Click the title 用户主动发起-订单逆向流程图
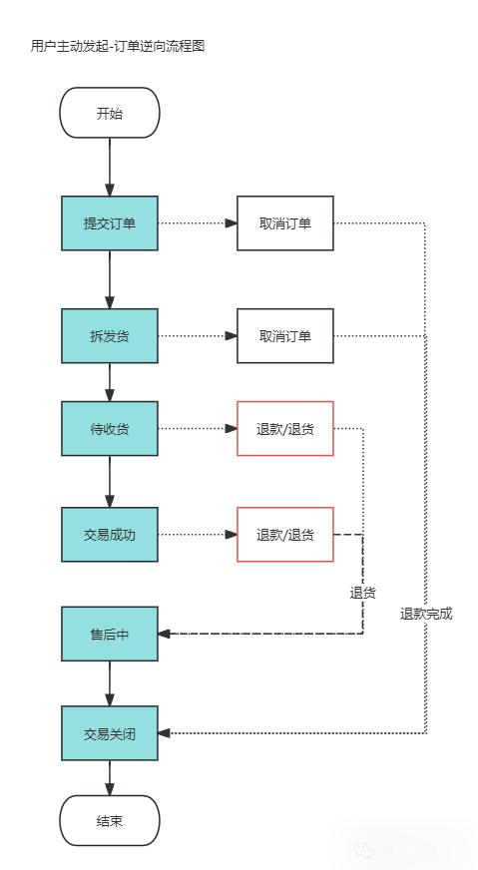[x=118, y=46]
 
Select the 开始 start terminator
[x=110, y=113]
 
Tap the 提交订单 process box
[x=110, y=222]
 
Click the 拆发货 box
[x=110, y=335]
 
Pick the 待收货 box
[x=110, y=429]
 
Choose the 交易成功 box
[x=110, y=535]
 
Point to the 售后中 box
[x=110, y=634]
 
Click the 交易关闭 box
[x=110, y=734]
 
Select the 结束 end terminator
[x=110, y=821]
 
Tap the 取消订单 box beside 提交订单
[x=284, y=222]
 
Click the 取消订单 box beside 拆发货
[x=284, y=335]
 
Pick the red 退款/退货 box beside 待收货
[x=284, y=429]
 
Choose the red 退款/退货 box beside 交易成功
[x=284, y=535]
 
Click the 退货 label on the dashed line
[x=362, y=593]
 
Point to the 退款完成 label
[x=426, y=614]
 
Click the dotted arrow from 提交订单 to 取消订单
[x=197, y=222]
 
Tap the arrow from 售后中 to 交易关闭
[x=110, y=683]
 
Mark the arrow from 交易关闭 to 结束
[x=110, y=778]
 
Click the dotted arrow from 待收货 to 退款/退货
[x=197, y=429]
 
